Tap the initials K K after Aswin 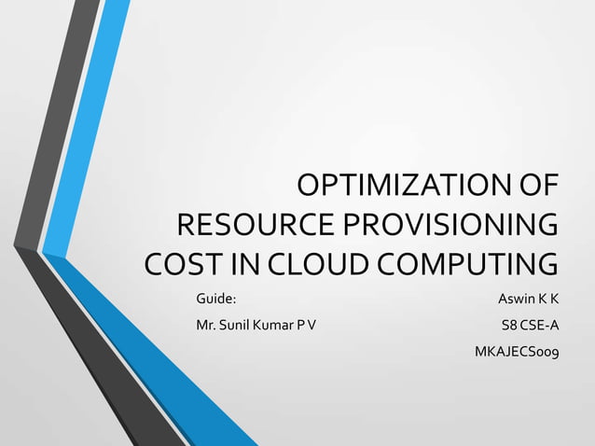tap(550, 300)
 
